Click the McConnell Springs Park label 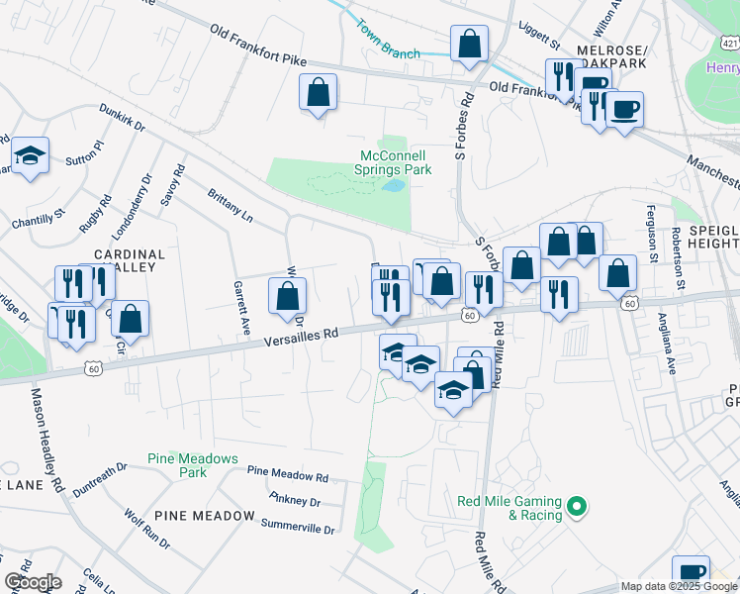[393, 162]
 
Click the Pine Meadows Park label [193, 465]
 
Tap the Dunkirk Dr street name [121, 119]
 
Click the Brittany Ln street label [231, 205]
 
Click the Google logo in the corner [33, 582]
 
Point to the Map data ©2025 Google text [679, 586]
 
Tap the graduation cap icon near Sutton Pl [31, 156]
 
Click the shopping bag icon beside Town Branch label [469, 44]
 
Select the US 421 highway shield [730, 44]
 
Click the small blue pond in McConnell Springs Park [394, 185]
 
